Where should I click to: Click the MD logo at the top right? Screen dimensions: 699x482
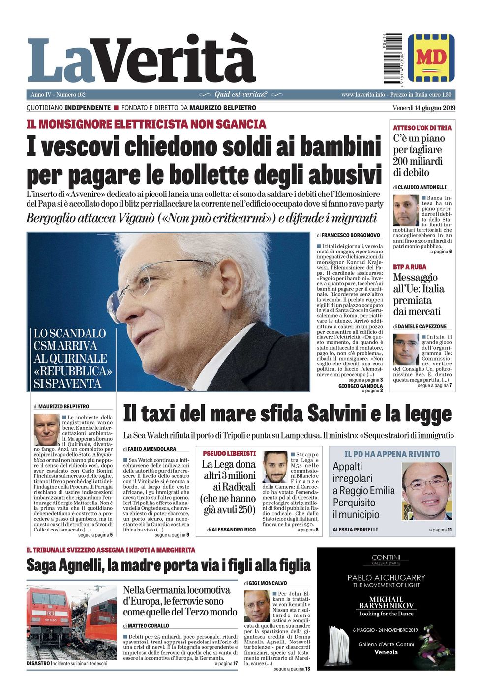[x=431, y=58]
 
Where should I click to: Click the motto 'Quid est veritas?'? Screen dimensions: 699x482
[x=241, y=94]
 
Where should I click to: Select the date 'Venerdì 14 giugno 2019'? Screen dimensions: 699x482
[x=423, y=108]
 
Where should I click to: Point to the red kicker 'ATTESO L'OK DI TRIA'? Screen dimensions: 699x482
[x=422, y=128]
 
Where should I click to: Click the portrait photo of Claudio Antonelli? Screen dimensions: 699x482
[x=406, y=210]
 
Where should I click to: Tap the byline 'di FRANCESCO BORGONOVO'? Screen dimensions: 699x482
[x=348, y=236]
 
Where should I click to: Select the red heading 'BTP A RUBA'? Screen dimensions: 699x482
[x=410, y=267]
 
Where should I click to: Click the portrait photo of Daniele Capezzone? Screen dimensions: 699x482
[x=406, y=349]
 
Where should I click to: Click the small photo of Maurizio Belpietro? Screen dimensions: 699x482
[x=46, y=429]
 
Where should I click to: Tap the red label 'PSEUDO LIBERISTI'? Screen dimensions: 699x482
[x=229, y=453]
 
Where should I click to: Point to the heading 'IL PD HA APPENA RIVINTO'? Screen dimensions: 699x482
[x=392, y=454]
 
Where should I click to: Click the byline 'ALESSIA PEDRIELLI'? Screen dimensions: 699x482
[x=355, y=530]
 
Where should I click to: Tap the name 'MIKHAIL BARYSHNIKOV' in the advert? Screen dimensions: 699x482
[x=386, y=602]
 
